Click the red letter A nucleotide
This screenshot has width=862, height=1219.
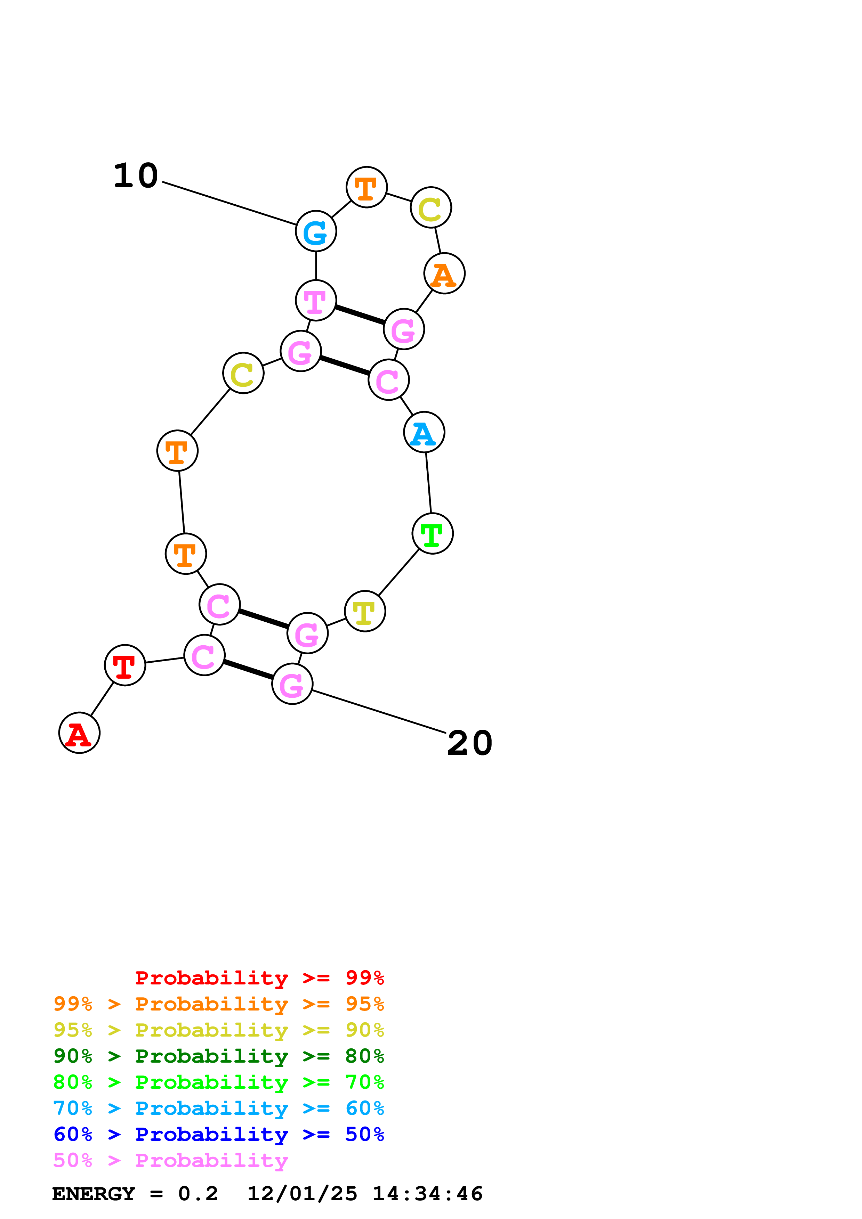pos(79,733)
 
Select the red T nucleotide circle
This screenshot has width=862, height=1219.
pos(125,665)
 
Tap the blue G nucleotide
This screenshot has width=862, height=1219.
pos(316,231)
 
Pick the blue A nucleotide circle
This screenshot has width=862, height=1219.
pos(424,432)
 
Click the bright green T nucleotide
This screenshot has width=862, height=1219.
pos(432,534)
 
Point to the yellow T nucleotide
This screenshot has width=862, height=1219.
pos(364,611)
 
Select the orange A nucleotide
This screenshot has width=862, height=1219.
pos(444,273)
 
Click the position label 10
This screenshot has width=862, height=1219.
pos(136,176)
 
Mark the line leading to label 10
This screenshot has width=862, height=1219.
pos(229,203)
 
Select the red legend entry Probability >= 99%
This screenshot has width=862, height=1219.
pos(259,978)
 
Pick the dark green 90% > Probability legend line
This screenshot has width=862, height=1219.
pos(218,1056)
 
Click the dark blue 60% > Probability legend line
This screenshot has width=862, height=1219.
pos(218,1134)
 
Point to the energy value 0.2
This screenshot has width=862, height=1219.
pos(198,1194)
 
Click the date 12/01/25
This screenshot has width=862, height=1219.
pos(302,1194)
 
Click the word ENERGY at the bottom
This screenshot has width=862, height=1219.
pos(94,1194)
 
